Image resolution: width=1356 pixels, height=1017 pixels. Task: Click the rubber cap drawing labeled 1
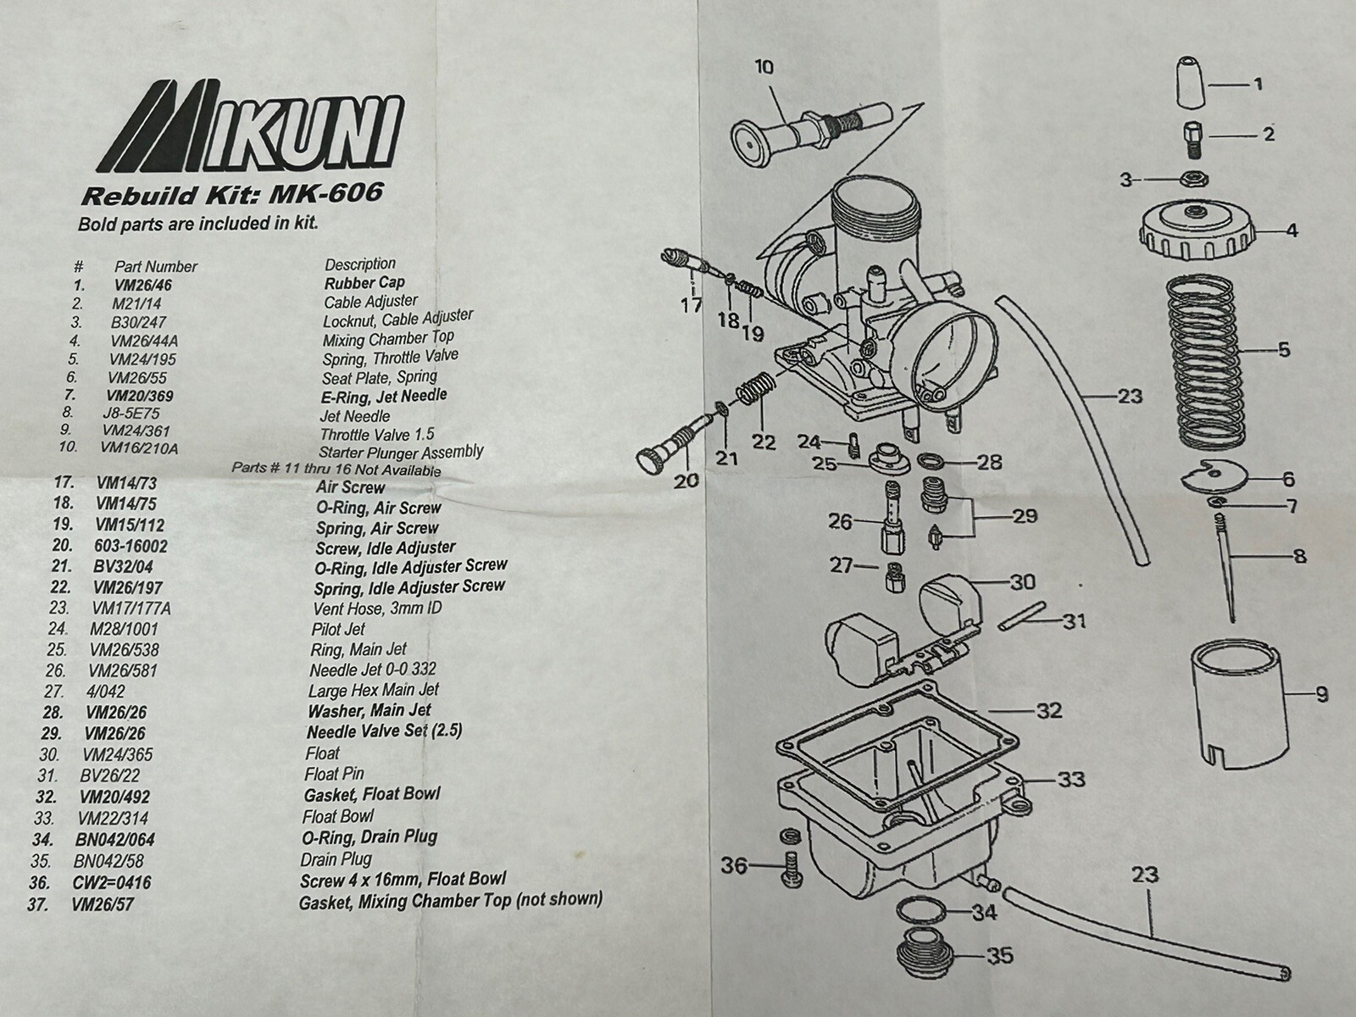tap(1191, 84)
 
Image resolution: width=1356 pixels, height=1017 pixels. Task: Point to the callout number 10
tap(764, 67)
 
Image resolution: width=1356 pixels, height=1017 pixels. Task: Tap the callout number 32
tap(1048, 710)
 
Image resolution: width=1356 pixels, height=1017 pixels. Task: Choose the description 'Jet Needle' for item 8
tap(356, 416)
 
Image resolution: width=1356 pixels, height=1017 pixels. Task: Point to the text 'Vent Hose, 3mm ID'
tap(377, 609)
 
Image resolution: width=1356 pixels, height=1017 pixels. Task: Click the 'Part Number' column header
tap(156, 266)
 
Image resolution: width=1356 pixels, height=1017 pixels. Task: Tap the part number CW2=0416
tap(112, 883)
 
